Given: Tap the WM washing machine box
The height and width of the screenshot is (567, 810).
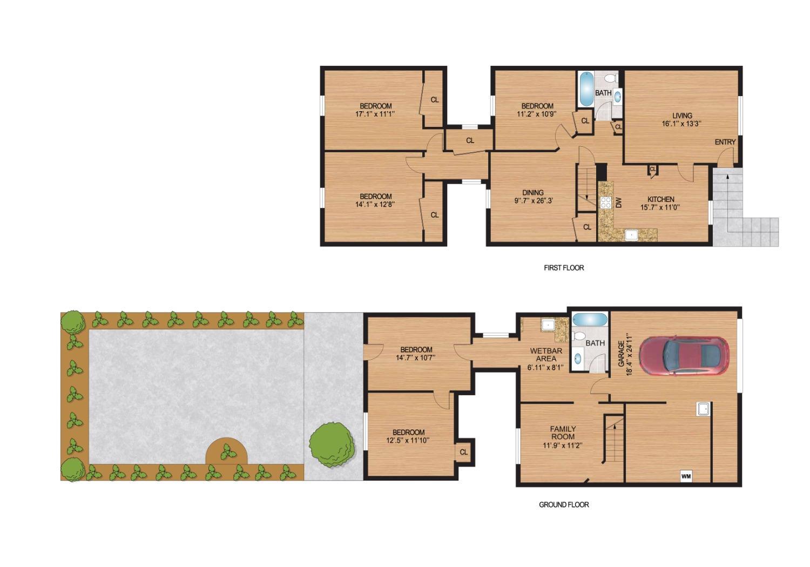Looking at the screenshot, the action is pos(686,476).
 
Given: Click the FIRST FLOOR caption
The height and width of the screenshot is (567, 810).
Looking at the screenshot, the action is pos(564,268).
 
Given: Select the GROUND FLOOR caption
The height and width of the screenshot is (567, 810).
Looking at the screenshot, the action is pos(564,504).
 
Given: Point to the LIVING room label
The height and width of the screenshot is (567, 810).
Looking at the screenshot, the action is pos(682,116).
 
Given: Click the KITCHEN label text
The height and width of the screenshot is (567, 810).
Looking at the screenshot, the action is pos(660,199).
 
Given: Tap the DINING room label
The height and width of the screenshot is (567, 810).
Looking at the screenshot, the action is pos(532,193).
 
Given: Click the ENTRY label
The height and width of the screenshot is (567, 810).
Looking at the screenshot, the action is pos(725,142).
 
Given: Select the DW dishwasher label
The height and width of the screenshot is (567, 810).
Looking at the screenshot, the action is pos(618,202).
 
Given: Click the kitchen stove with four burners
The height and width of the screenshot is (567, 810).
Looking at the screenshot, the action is pos(605,202).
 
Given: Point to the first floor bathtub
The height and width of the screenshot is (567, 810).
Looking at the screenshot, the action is pos(586,88).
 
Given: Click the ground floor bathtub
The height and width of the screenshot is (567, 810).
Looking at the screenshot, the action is pos(590,320).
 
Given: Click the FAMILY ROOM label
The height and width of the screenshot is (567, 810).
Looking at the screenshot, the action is pos(563,433).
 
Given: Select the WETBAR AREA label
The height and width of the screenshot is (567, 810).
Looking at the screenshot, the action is pos(546,355).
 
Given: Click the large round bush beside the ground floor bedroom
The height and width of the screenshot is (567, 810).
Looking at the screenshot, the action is pos(332,445).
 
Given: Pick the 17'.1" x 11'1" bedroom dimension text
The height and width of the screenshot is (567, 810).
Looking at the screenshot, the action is pos(375,114).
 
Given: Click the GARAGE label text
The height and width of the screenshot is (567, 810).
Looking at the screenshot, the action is pos(621,354).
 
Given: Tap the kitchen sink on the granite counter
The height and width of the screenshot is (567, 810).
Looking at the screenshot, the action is pos(631,235).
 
